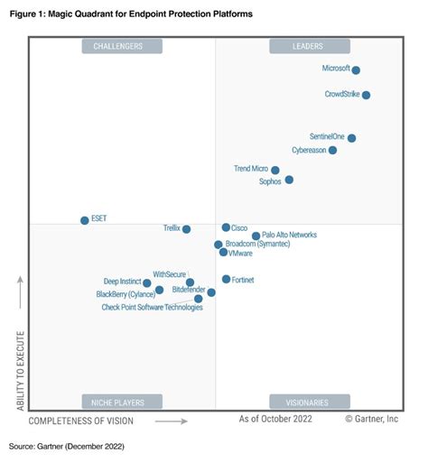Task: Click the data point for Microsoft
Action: (x=356, y=70)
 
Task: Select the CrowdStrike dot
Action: (x=366, y=95)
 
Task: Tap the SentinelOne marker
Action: (x=351, y=138)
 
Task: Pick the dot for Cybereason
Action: (x=333, y=151)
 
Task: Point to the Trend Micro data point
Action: (x=275, y=171)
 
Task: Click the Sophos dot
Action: (x=289, y=180)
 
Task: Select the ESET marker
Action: (x=85, y=220)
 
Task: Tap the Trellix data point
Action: (x=187, y=229)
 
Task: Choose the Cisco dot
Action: (x=226, y=228)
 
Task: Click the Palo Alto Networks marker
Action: (x=256, y=236)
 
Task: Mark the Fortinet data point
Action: (x=226, y=280)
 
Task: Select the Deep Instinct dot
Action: (x=147, y=283)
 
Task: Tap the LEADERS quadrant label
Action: (x=310, y=46)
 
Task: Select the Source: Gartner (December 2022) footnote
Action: (x=67, y=447)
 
